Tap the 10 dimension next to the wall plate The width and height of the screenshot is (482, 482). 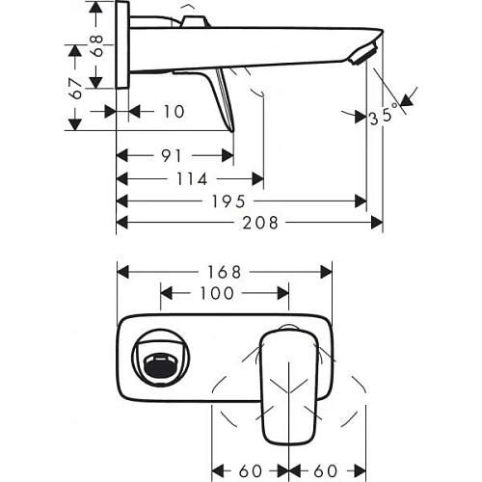(x=173, y=112)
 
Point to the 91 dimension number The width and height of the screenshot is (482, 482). (x=174, y=155)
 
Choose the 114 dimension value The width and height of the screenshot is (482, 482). (x=190, y=179)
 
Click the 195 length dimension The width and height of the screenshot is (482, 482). (x=242, y=201)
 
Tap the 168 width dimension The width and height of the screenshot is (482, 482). (x=224, y=272)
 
